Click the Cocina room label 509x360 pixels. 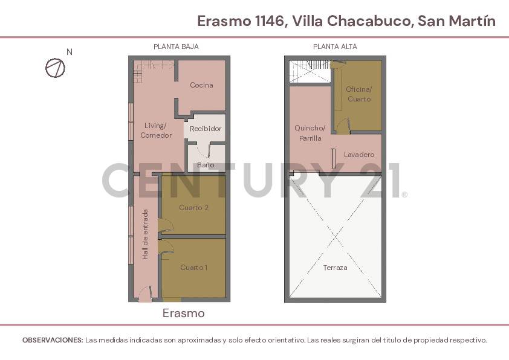(201, 85)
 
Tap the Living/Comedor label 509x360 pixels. (156, 130)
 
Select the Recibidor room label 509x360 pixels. (206, 129)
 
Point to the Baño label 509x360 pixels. (206, 165)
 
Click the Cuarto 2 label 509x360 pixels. (193, 208)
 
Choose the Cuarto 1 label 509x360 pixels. (193, 268)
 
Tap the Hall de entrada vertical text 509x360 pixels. (145, 235)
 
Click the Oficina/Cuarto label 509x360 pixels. (359, 94)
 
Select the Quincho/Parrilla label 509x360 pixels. (310, 133)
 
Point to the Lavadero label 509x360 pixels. (359, 155)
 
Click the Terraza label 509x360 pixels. (335, 268)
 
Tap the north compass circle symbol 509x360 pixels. (55, 68)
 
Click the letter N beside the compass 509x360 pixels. (70, 52)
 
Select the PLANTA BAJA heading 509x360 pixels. (176, 47)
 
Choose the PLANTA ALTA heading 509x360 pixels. (335, 47)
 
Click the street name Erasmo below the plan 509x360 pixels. (183, 313)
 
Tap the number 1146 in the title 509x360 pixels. (268, 21)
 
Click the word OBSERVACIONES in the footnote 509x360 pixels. (53, 340)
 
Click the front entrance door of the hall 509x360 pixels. (145, 295)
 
